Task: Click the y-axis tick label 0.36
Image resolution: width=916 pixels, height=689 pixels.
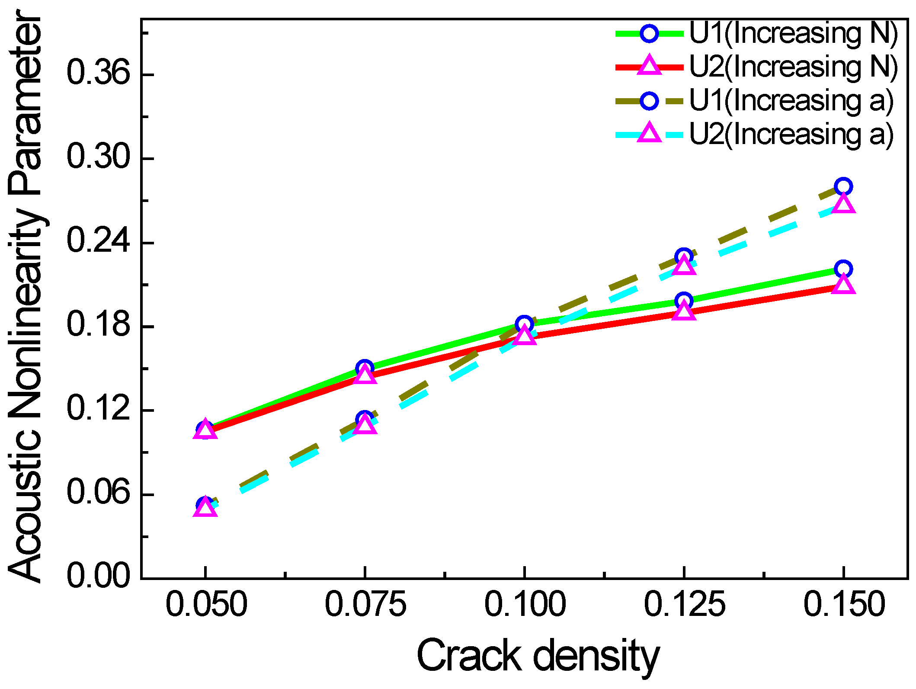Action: coord(98,73)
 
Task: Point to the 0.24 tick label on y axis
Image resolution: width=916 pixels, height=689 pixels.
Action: coord(98,240)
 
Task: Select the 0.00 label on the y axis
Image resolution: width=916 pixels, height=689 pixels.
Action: coord(98,576)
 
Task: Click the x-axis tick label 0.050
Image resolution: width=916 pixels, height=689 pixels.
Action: coord(206,604)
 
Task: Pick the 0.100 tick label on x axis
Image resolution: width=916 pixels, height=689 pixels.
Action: coord(525,604)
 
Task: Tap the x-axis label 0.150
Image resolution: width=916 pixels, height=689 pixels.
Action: coord(844,604)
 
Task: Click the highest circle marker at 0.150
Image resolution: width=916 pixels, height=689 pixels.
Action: coord(843,186)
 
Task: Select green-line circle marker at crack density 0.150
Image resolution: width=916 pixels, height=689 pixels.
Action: coord(843,269)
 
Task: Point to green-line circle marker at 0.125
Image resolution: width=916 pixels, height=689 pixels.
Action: coord(684,301)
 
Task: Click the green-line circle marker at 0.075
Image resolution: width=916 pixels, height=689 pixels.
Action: coord(365,368)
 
